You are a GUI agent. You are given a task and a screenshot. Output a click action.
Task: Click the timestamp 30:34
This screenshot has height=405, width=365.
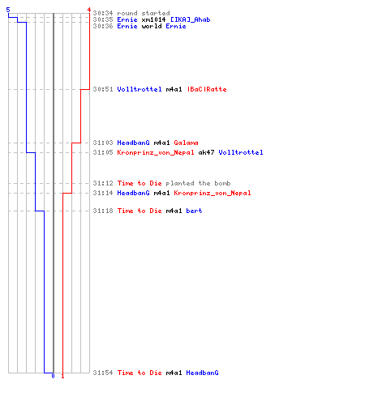[x=103, y=13]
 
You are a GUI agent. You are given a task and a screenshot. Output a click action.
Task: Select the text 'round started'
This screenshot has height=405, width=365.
[x=144, y=13]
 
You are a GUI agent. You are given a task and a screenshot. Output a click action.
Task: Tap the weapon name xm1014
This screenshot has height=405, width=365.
[x=153, y=19]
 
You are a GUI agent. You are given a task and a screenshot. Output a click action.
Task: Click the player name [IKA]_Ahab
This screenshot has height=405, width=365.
[x=191, y=19]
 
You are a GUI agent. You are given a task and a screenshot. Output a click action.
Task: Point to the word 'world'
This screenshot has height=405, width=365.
[x=152, y=26]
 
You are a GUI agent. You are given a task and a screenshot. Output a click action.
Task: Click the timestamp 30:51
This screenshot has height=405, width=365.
[x=103, y=89]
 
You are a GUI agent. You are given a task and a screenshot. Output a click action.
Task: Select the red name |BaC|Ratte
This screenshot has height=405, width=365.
[x=207, y=89]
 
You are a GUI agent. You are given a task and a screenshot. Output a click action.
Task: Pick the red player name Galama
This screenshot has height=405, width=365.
[x=186, y=143]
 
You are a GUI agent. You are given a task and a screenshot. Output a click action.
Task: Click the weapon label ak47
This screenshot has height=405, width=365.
[x=206, y=152]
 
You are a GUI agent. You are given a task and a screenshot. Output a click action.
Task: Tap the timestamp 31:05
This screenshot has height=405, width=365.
[x=103, y=152]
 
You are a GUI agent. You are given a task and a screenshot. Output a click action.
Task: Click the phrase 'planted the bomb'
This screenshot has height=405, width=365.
[x=198, y=183]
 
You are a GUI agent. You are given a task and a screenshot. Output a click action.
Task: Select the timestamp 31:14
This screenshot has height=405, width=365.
[x=103, y=193]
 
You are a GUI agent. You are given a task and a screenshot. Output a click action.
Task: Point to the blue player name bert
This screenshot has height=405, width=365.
[x=194, y=211]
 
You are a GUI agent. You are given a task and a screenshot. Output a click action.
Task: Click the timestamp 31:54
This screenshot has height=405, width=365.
[x=103, y=373]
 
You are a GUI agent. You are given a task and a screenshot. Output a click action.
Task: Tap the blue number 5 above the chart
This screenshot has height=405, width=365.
[x=8, y=10]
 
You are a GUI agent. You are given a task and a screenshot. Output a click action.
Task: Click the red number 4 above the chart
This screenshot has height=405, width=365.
[x=89, y=10]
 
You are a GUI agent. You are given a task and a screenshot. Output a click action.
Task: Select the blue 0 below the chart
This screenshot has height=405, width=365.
[x=53, y=376]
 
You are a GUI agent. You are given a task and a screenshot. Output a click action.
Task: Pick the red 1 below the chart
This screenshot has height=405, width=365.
[x=62, y=376]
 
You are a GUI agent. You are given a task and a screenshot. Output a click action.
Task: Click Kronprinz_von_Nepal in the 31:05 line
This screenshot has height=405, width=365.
[x=156, y=152]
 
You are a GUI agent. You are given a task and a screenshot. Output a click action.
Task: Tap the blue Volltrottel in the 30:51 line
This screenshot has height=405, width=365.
[x=140, y=89]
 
